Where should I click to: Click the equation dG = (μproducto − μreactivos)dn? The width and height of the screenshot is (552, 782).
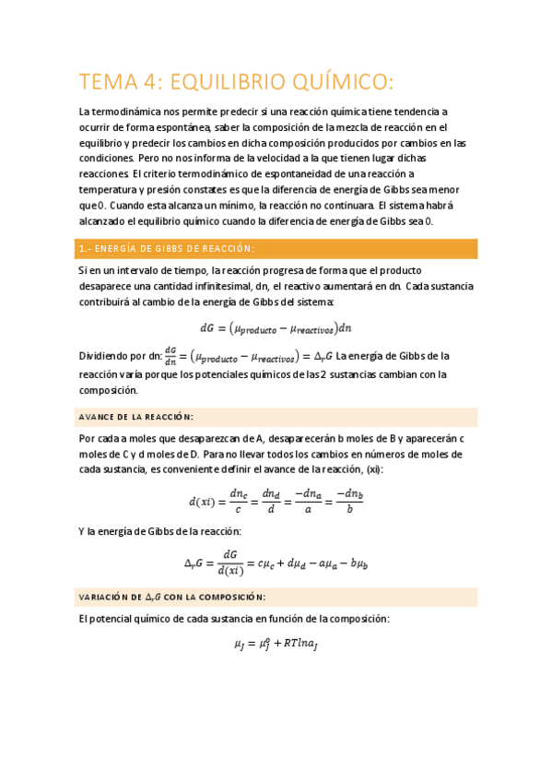[276, 326]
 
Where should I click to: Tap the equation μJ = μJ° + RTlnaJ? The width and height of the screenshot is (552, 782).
[276, 646]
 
